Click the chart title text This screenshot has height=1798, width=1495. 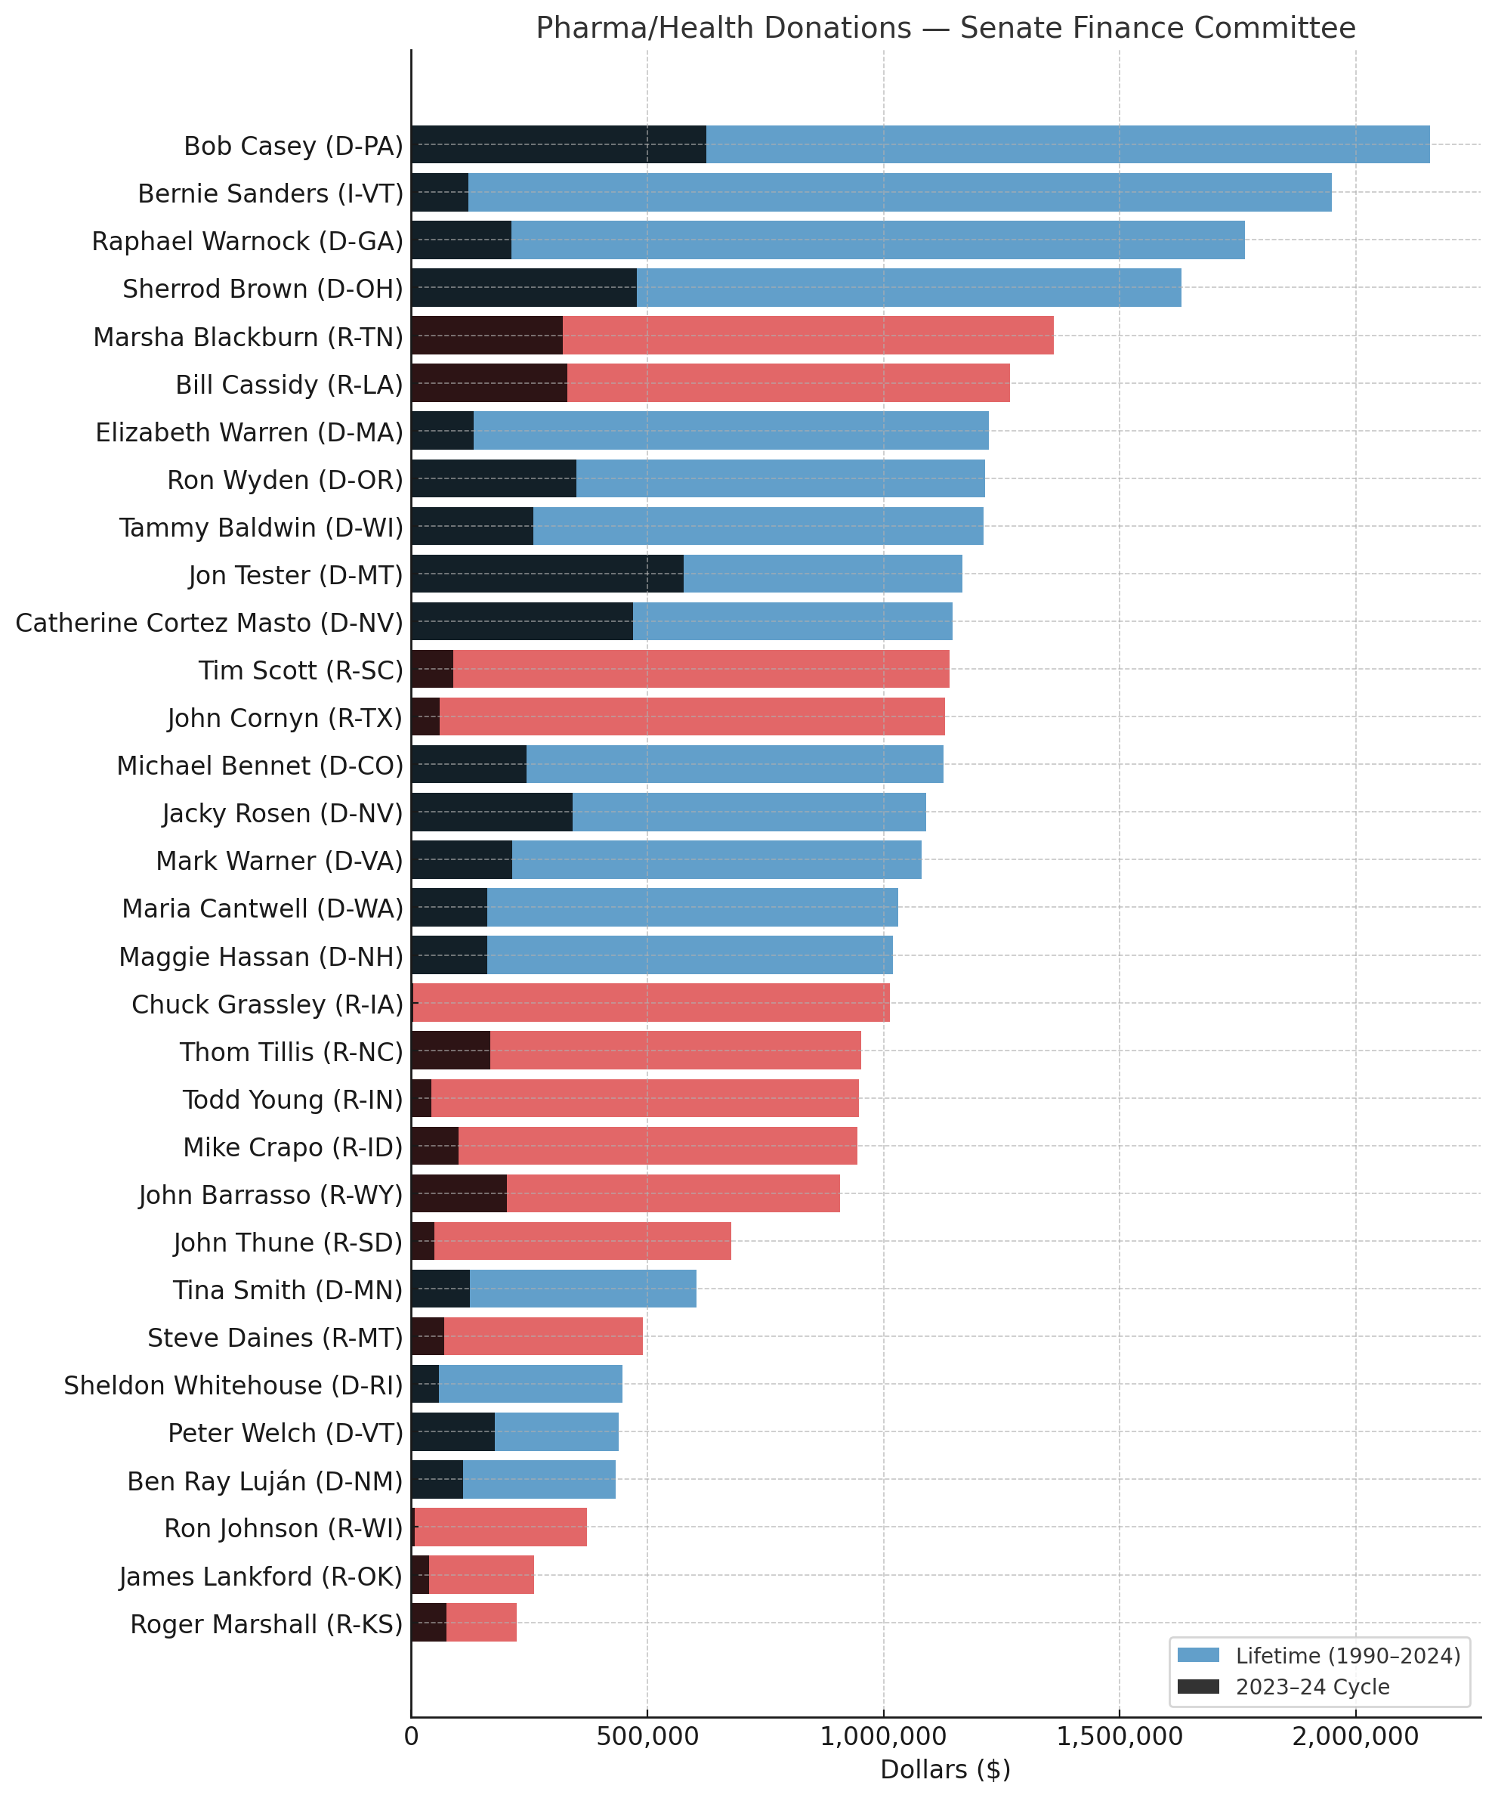click(945, 28)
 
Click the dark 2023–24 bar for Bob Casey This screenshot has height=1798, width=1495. click(558, 144)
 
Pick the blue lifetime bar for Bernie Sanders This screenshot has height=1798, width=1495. click(898, 193)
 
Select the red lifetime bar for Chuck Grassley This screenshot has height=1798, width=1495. click(650, 1003)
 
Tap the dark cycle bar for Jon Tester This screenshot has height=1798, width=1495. click(547, 574)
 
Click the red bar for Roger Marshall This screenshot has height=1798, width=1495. click(481, 1623)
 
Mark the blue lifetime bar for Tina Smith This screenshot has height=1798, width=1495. click(582, 1289)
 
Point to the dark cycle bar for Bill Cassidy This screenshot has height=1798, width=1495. click(489, 382)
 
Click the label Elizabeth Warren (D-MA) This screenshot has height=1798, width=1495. click(249, 432)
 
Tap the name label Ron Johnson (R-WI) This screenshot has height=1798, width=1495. click(283, 1528)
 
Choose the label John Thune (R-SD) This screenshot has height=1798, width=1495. click(288, 1243)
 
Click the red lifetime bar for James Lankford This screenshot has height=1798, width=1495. click(481, 1574)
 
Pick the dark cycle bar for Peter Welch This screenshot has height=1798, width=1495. click(453, 1431)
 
